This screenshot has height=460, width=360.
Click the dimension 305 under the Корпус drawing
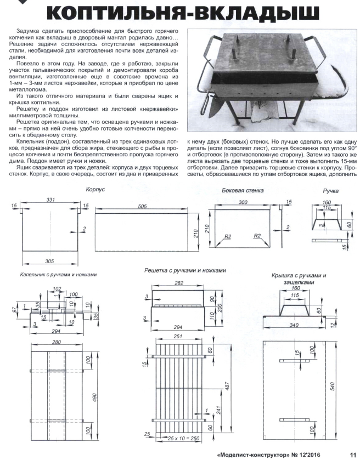coord(50,261)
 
